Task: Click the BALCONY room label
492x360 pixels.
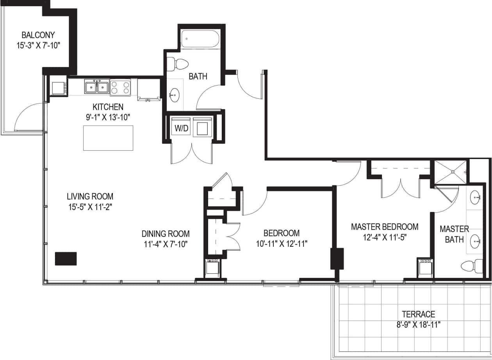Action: (x=38, y=35)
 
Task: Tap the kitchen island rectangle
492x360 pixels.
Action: (x=108, y=138)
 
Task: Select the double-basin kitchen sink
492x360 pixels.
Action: (x=97, y=87)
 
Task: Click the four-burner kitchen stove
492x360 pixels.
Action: (x=120, y=87)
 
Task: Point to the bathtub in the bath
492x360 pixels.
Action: (x=200, y=39)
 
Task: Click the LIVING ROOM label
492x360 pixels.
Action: (x=90, y=196)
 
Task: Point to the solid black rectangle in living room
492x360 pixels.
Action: (x=66, y=258)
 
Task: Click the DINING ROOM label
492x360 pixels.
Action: (x=166, y=234)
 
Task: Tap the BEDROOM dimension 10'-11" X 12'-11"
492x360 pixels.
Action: (x=282, y=244)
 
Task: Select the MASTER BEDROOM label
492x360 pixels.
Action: (x=385, y=226)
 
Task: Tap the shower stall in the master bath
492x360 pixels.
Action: (x=451, y=171)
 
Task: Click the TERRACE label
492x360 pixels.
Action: (x=419, y=314)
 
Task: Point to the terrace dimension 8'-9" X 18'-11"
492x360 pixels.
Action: (x=419, y=324)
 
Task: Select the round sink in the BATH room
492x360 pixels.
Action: (x=174, y=94)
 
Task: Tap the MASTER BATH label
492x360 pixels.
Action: (x=454, y=234)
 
